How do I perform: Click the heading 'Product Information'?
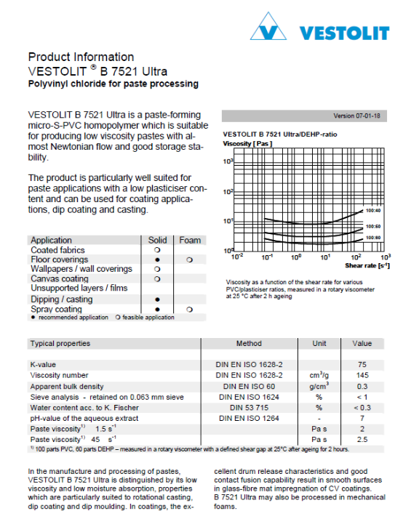[81, 57]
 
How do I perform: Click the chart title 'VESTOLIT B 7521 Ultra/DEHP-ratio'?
[279, 134]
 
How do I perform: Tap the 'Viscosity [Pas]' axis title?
[247, 144]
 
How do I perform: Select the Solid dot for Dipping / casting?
[157, 299]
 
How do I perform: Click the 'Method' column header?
[250, 343]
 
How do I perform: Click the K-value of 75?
[362, 363]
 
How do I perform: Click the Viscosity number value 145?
[362, 374]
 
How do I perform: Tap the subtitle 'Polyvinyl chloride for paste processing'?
[113, 84]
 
